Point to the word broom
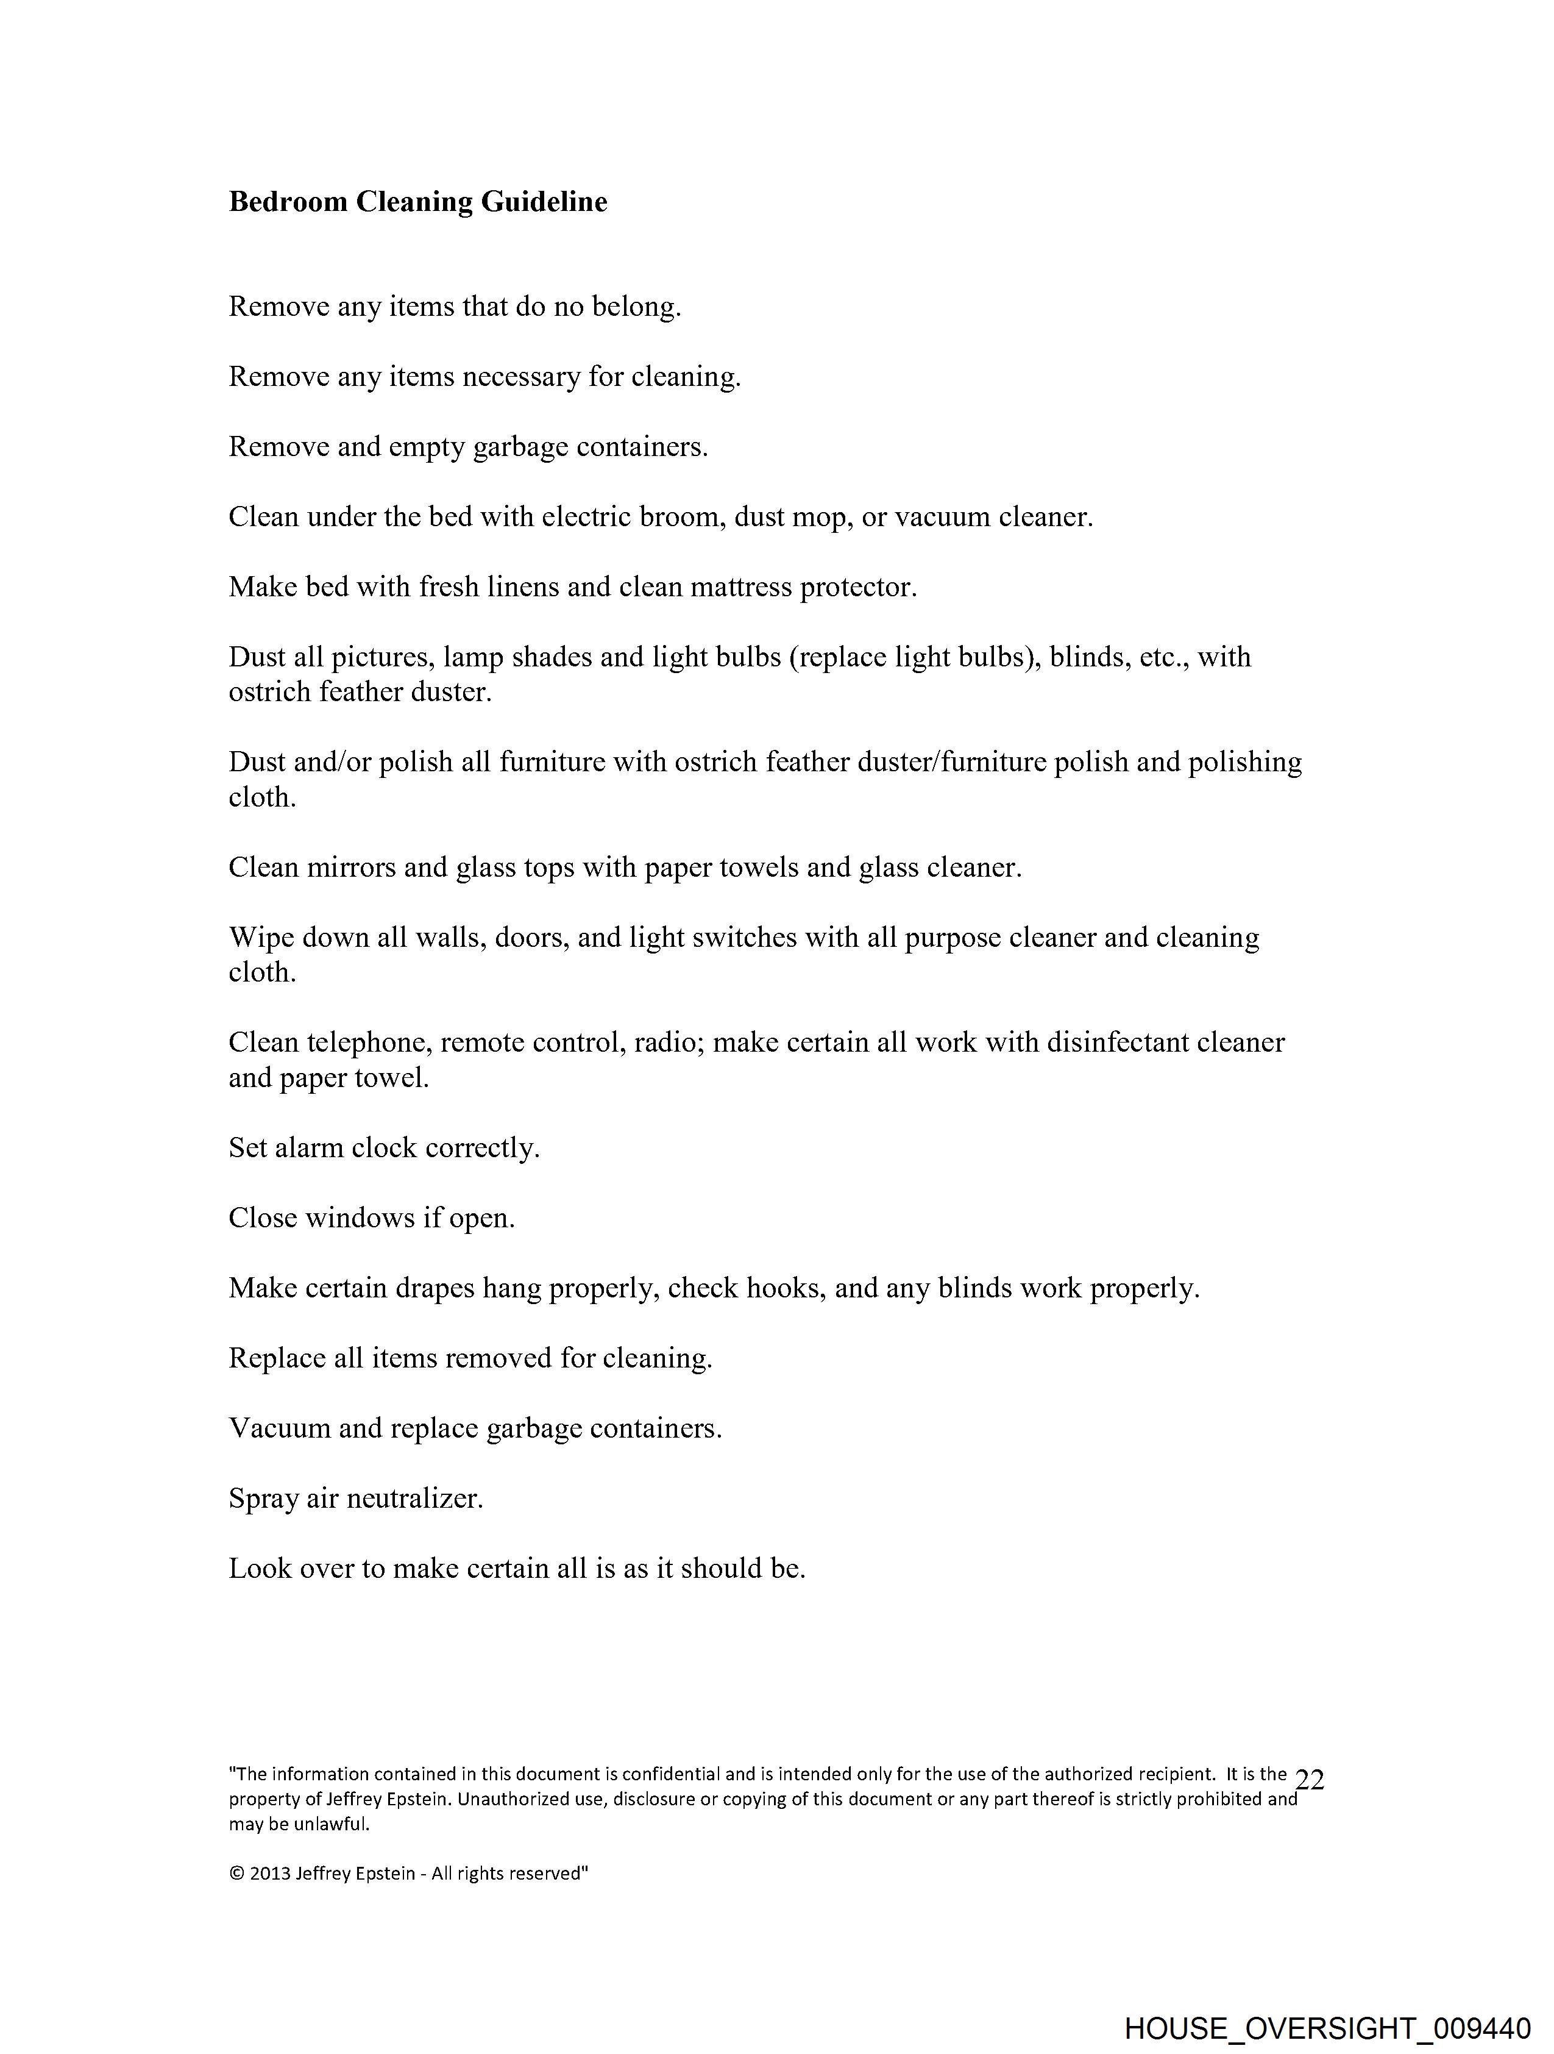pos(683,516)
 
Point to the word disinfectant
pos(1118,1043)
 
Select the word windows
pos(360,1218)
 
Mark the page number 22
pos(1309,1780)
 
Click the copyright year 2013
pos(270,1874)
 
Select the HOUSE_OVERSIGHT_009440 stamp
pos(1327,2028)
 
